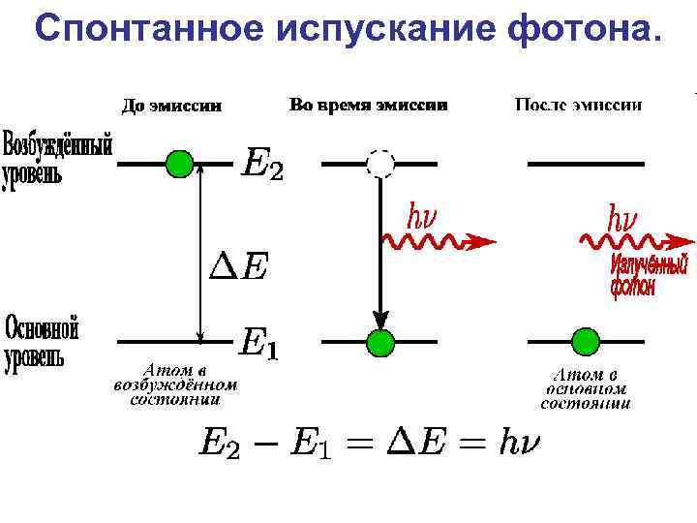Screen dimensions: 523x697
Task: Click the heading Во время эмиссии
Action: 368,105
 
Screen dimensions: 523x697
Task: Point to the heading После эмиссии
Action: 579,105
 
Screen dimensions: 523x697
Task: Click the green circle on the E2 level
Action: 179,164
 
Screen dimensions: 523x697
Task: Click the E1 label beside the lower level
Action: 258,343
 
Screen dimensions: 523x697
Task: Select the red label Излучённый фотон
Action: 648,275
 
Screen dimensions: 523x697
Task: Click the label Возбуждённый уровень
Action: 57,159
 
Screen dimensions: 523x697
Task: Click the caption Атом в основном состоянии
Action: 585,387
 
